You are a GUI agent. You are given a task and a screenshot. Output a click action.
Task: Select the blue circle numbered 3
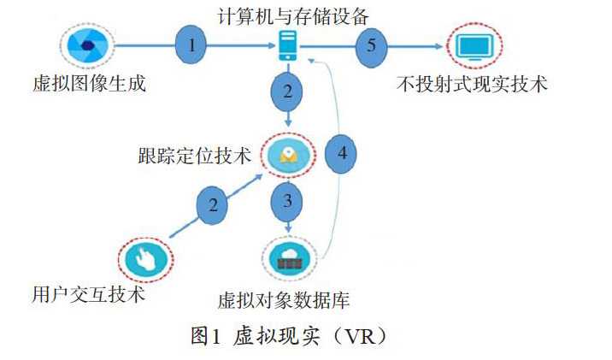tap(289, 202)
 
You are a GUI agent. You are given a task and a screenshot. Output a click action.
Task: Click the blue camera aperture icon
tap(86, 45)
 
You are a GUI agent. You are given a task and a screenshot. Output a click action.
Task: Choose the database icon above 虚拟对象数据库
tap(289, 257)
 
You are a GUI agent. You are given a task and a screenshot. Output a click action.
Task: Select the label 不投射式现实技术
tap(473, 85)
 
